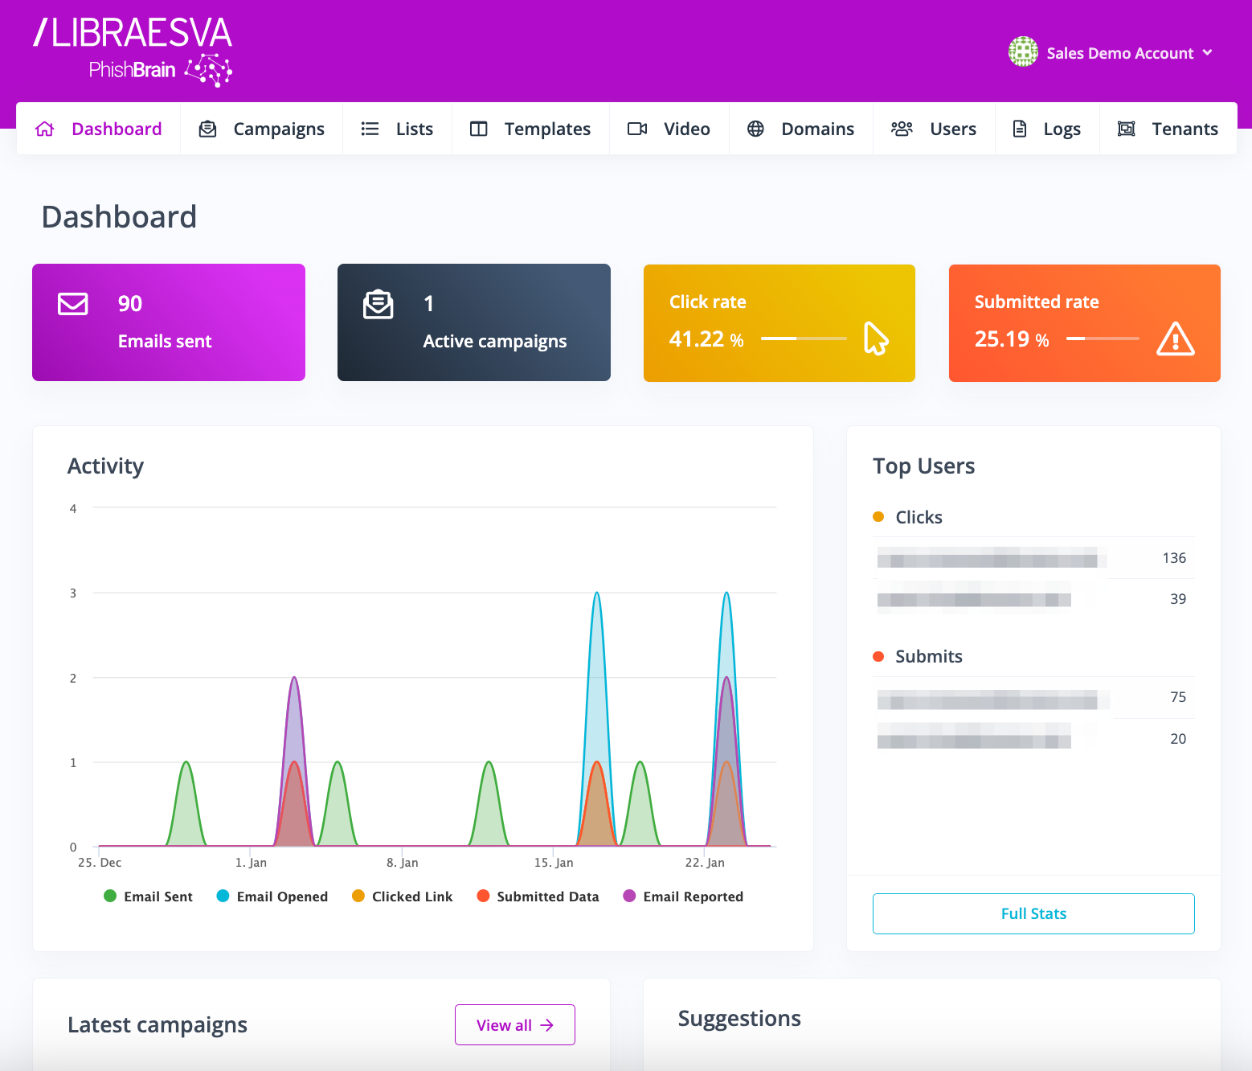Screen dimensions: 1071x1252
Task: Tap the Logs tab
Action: tap(1046, 129)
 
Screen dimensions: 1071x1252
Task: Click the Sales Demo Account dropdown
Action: tap(1111, 53)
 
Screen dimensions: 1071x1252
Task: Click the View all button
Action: tap(514, 1025)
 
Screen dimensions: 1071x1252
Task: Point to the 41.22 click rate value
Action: tap(697, 339)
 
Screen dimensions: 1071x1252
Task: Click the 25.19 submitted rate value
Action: tap(1002, 339)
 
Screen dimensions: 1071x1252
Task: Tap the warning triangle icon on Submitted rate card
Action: tap(1175, 339)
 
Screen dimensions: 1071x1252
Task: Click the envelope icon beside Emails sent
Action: tap(73, 304)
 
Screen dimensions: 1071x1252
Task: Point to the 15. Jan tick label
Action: tap(554, 863)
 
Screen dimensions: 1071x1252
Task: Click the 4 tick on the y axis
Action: tap(73, 509)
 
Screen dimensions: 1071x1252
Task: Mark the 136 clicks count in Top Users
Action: tap(1174, 558)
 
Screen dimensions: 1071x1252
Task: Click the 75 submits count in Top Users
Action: tap(1178, 697)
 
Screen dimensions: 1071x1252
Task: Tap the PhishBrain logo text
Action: tap(133, 70)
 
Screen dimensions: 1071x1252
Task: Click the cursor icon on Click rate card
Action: tap(875, 339)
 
